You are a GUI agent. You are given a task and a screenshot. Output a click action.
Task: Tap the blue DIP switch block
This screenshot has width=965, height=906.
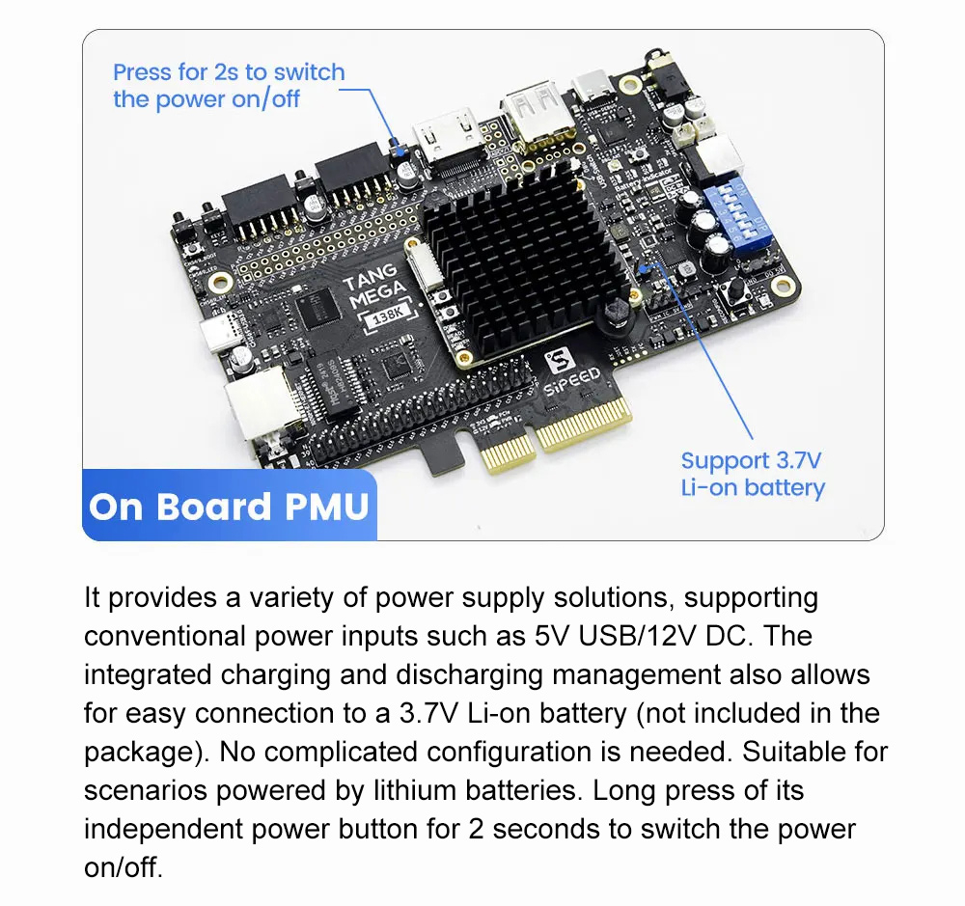pos(738,213)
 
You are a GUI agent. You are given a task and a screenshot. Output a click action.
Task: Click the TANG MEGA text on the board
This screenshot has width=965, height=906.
pos(373,288)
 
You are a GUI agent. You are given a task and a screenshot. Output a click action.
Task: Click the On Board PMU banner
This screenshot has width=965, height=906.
pos(229,506)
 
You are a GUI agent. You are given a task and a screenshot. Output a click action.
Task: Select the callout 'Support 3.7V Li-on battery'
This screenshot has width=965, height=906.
pos(753,474)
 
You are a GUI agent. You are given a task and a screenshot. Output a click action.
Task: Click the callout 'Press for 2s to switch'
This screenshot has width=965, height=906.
pos(229,72)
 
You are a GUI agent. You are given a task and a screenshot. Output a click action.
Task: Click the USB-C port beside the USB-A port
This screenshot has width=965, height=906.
pos(593,89)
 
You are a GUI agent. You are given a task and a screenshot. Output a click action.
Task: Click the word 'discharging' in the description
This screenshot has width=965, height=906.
pos(470,675)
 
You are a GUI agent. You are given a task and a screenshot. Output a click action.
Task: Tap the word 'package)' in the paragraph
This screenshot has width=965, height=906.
pos(147,754)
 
